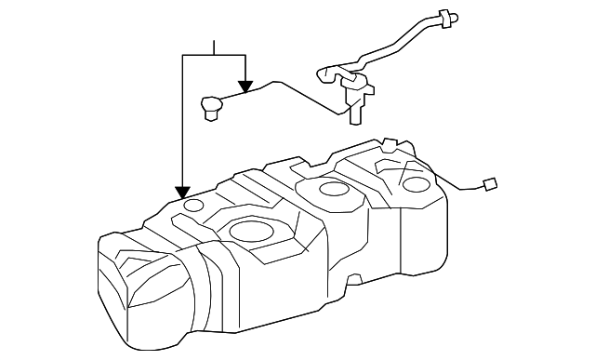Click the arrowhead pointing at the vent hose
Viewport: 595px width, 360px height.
[245, 86]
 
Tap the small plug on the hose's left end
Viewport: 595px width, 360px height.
[210, 108]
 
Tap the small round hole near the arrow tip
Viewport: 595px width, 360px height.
[193, 205]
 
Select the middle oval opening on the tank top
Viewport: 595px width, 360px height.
[333, 190]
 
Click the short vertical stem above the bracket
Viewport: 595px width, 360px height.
[215, 47]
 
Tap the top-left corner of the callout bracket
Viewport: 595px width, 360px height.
[184, 56]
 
